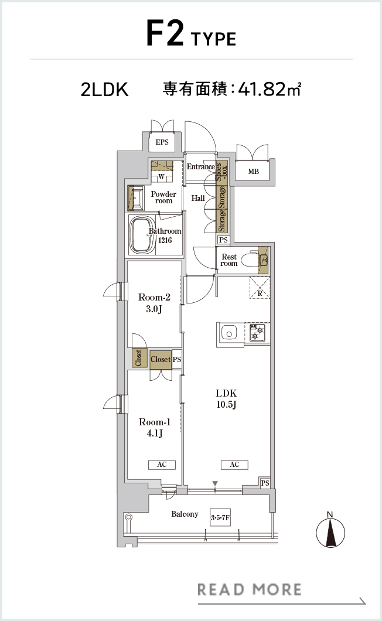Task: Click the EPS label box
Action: (162, 142)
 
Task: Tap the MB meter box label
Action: (254, 172)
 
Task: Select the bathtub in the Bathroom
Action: (142, 235)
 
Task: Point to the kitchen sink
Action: (229, 333)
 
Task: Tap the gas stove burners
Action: (257, 332)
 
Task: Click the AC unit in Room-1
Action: (162, 465)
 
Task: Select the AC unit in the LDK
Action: (234, 465)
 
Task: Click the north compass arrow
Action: (330, 533)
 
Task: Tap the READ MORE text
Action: (249, 589)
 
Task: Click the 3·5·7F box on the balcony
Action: (220, 517)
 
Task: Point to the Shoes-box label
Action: (221, 172)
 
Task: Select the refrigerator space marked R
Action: (260, 288)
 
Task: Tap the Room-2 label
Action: (154, 303)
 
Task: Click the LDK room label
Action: (226, 398)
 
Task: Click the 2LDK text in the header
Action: (105, 90)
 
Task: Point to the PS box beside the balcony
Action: (265, 483)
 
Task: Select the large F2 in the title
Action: (165, 33)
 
